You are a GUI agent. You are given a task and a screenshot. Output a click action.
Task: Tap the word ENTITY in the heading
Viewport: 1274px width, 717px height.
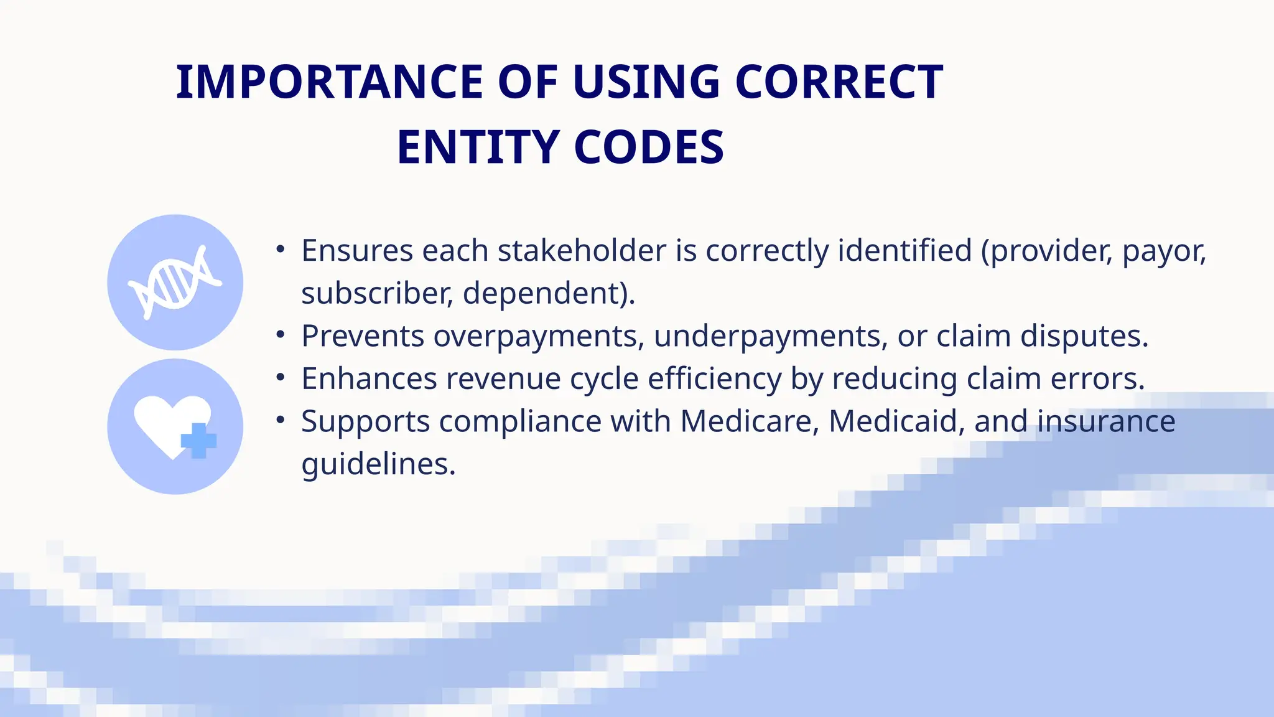(478, 148)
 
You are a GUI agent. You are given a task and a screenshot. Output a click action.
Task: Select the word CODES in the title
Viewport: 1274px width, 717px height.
(649, 148)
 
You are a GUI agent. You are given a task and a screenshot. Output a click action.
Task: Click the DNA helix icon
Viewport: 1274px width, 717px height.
(175, 283)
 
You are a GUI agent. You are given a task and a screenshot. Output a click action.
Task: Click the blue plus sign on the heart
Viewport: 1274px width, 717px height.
(198, 441)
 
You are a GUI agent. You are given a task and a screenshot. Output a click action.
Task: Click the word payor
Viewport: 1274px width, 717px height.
(1164, 251)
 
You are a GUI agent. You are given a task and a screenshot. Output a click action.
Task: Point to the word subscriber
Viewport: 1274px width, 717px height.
(375, 293)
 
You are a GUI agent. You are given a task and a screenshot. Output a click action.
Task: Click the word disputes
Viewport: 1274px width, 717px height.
(1084, 336)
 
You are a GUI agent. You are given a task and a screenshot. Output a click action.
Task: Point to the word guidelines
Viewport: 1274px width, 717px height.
(378, 464)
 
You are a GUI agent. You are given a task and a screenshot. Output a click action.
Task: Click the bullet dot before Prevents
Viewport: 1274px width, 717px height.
(281, 335)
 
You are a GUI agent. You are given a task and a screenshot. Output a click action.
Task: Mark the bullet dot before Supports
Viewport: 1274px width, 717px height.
(281, 421)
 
